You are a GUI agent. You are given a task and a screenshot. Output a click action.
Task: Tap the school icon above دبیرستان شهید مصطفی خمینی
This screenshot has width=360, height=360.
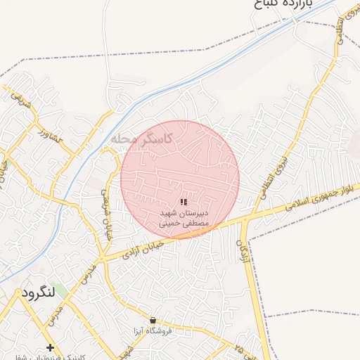pyautogui.click(x=184, y=202)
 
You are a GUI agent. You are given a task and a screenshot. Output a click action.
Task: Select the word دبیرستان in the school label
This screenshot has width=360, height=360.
pyautogui.click(x=196, y=212)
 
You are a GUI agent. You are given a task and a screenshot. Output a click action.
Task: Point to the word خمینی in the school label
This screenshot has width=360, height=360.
pyautogui.click(x=167, y=222)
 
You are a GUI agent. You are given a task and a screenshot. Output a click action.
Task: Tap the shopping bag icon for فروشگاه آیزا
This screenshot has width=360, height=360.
pyautogui.click(x=153, y=320)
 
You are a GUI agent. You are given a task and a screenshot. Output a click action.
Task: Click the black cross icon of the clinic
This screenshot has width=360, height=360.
pyautogui.click(x=50, y=347)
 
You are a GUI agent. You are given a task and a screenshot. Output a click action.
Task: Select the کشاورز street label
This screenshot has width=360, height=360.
pyautogui.click(x=51, y=133)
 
